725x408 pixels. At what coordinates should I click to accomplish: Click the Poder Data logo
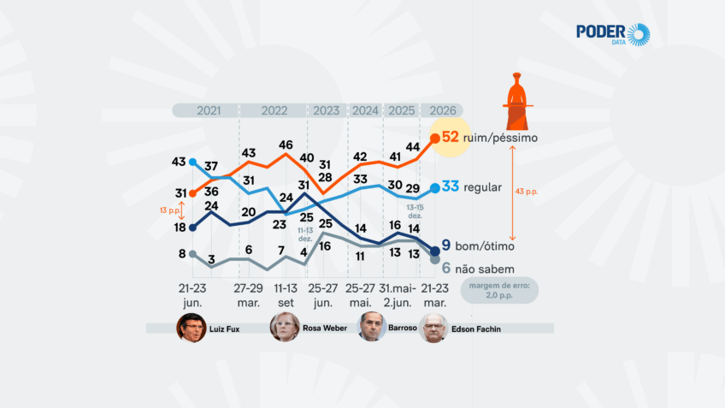[613, 34]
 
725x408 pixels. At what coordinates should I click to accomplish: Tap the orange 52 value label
[451, 137]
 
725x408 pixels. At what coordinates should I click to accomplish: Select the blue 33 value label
[451, 187]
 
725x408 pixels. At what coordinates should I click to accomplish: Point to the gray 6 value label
[445, 268]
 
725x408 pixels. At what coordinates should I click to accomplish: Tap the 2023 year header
[326, 110]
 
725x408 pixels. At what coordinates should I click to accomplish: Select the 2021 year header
[208, 110]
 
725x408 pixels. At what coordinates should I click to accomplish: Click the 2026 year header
[442, 110]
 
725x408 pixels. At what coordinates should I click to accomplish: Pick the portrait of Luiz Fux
[192, 328]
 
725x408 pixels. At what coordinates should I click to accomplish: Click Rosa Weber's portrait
[285, 328]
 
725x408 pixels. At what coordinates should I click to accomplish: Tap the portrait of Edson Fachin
[434, 328]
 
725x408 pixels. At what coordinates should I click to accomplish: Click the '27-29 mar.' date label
[249, 295]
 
